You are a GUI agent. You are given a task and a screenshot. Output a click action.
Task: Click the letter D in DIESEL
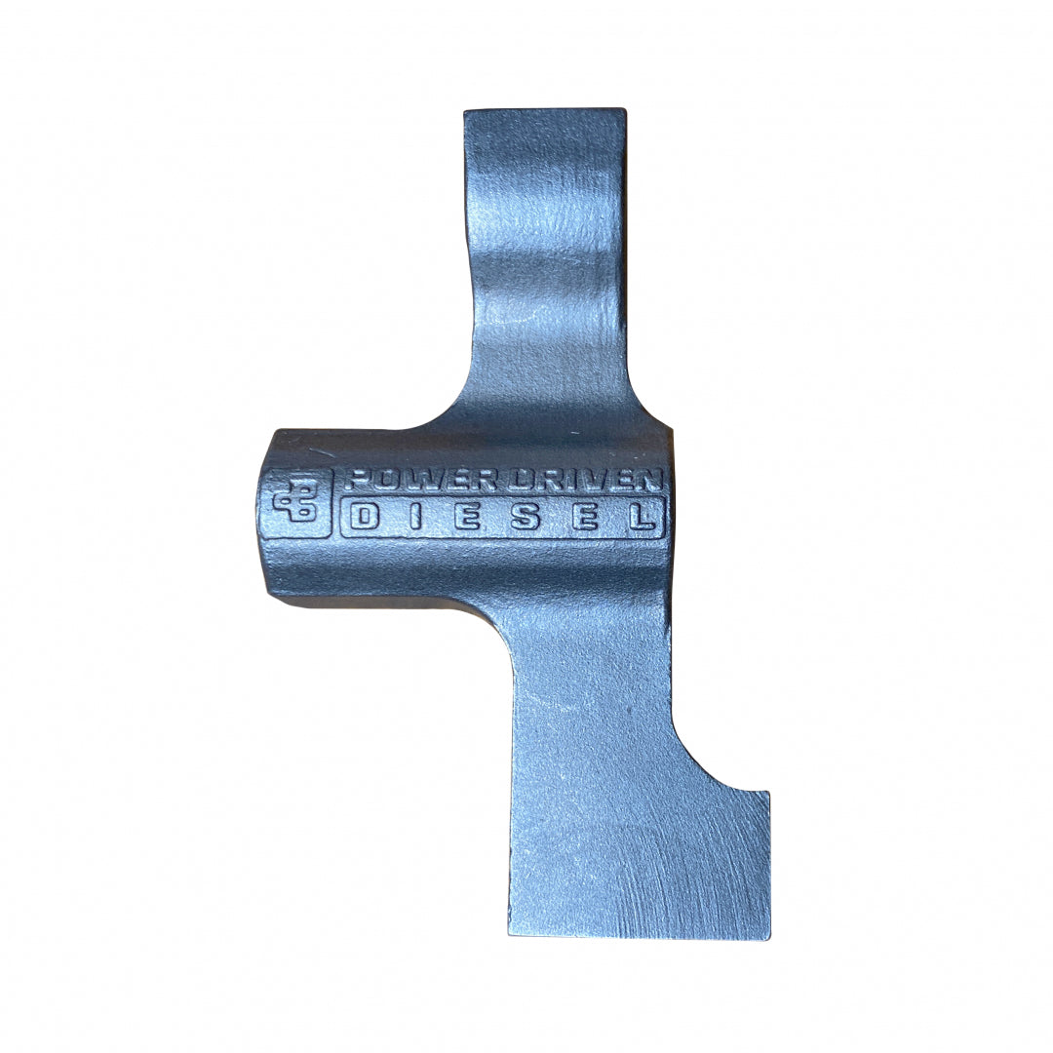tap(365, 517)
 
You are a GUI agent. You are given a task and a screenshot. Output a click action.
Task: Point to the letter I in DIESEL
tap(415, 517)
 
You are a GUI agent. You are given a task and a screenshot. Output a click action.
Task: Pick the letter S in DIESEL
tap(526, 517)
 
